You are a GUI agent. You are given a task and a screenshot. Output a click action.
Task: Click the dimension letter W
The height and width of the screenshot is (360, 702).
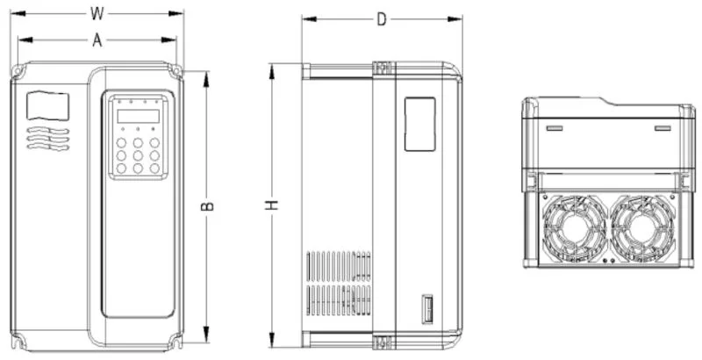[97, 13]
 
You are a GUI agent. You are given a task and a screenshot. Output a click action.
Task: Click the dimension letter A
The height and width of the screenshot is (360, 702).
[97, 40]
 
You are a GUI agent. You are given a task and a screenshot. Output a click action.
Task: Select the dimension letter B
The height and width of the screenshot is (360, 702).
[208, 206]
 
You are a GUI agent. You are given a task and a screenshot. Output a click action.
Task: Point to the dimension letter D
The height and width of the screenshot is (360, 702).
[382, 19]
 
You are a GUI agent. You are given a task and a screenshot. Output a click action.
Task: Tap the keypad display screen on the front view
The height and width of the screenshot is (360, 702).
[138, 116]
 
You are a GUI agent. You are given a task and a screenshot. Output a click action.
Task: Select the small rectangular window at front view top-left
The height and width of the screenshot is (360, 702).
[47, 106]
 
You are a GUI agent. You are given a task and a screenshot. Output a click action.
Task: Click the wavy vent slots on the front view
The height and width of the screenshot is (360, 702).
[47, 139]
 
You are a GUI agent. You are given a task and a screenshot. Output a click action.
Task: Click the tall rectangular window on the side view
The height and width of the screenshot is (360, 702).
[419, 123]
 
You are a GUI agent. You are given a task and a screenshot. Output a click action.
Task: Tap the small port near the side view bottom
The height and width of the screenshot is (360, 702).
[427, 310]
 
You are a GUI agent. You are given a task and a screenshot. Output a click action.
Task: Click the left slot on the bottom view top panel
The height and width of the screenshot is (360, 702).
[555, 128]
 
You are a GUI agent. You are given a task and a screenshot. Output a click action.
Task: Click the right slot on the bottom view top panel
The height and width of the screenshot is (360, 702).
[663, 128]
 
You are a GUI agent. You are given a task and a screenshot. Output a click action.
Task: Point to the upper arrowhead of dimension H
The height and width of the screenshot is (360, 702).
[273, 67]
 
